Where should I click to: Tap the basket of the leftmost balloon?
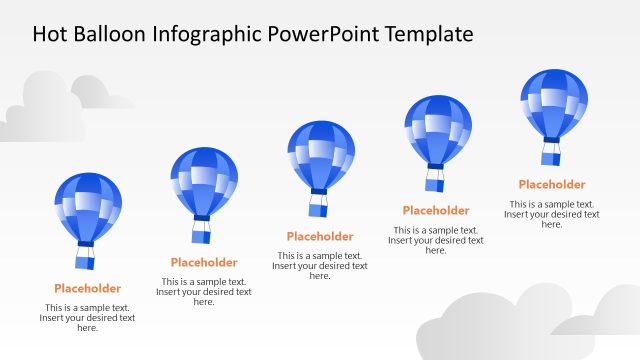[85, 259]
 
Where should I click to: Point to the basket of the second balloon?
[202, 234]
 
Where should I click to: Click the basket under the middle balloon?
[318, 207]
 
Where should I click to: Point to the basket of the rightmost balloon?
[551, 155]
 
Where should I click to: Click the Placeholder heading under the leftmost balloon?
[88, 289]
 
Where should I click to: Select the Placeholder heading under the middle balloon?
[320, 237]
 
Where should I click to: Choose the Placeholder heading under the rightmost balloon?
[552, 185]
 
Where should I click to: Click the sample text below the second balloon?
[204, 292]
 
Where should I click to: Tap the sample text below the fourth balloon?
[436, 240]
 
